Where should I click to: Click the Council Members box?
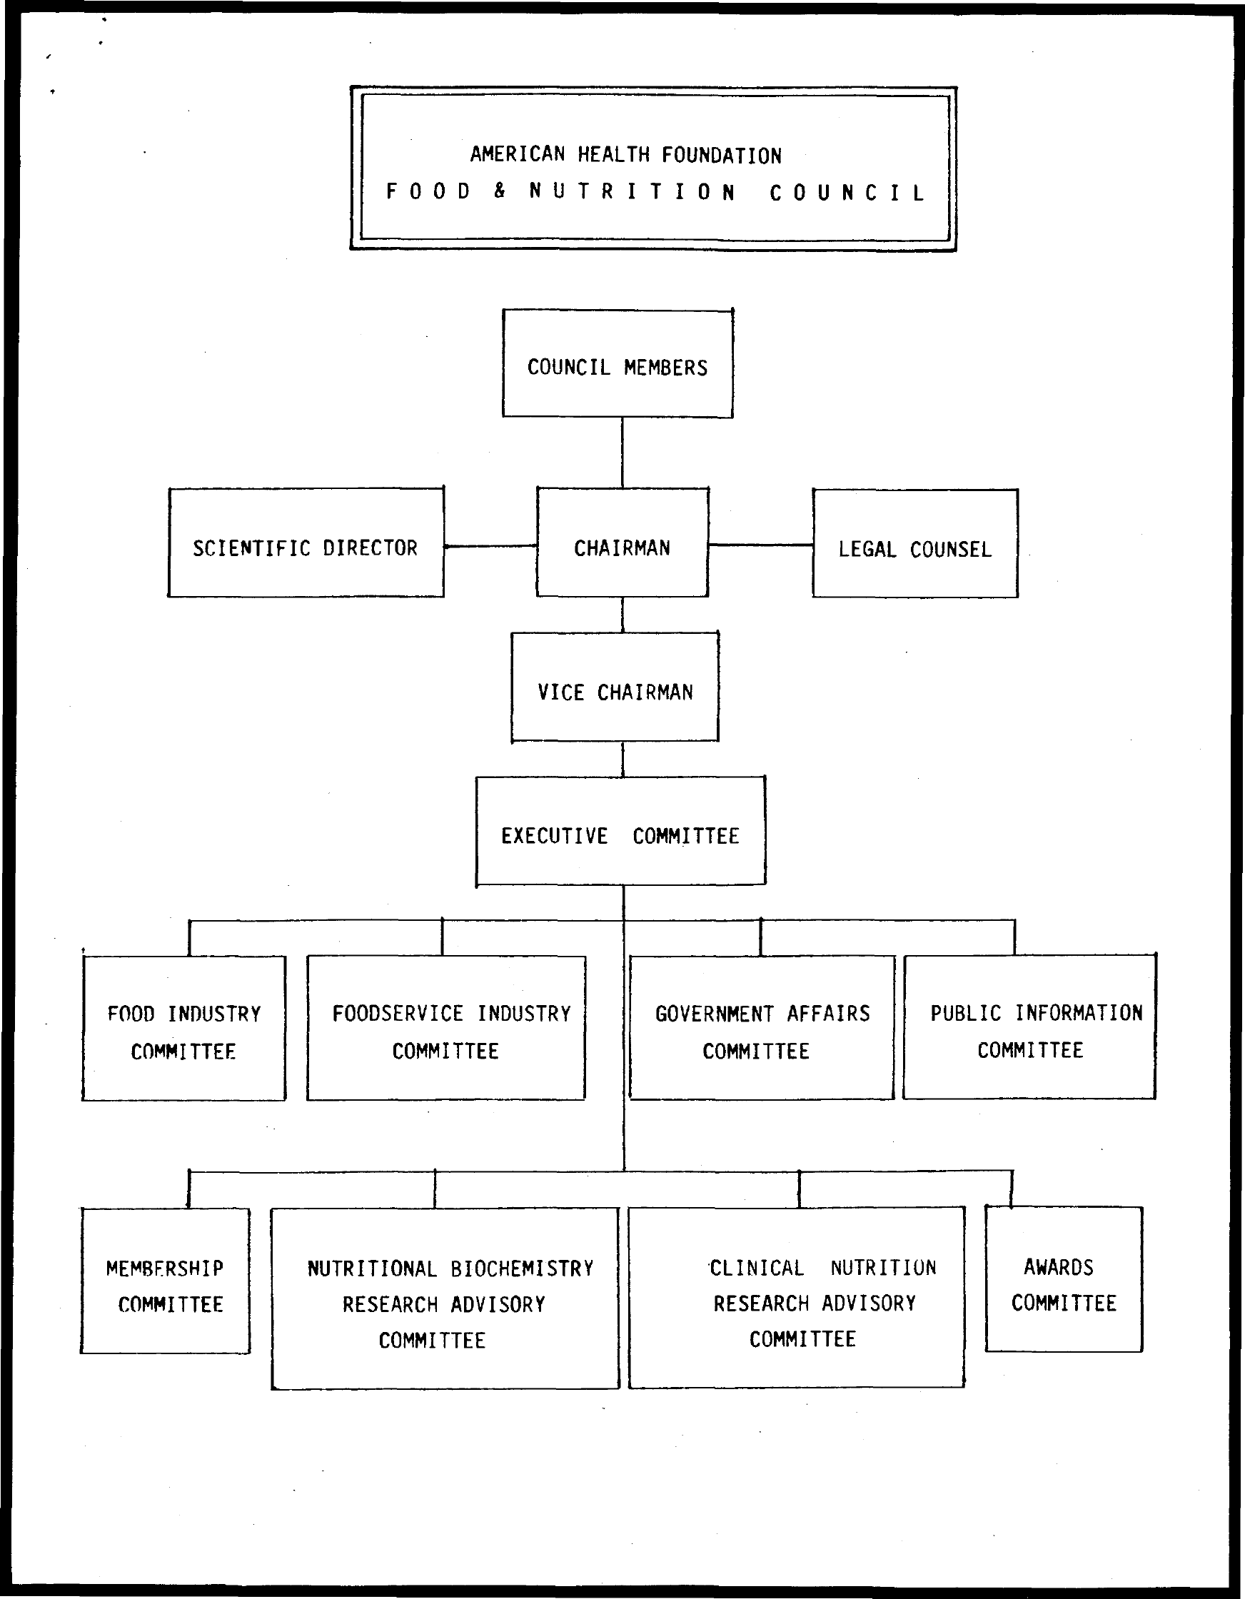pyautogui.click(x=618, y=364)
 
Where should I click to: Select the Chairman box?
pyautogui.click(x=622, y=543)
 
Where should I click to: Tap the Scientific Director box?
pyautogui.click(x=306, y=543)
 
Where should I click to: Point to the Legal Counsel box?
pyautogui.click(x=914, y=544)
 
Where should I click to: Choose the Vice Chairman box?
pyautogui.click(x=615, y=687)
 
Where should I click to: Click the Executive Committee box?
pyautogui.click(x=620, y=831)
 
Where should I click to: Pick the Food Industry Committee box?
pyautogui.click(x=183, y=1028)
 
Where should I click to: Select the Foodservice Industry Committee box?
pyautogui.click(x=446, y=1028)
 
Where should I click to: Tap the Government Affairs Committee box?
pyautogui.click(x=762, y=1028)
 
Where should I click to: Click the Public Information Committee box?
pyautogui.click(x=1029, y=1027)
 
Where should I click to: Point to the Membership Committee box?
pyautogui.click(x=165, y=1281)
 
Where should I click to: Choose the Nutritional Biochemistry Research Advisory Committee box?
pyautogui.click(x=445, y=1298)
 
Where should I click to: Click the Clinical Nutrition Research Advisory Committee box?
pyautogui.click(x=796, y=1297)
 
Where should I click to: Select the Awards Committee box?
pyautogui.click(x=1064, y=1280)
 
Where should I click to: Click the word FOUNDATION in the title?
pyautogui.click(x=721, y=155)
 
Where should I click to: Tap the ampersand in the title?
pyautogui.click(x=500, y=192)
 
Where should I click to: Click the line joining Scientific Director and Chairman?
pyautogui.click(x=490, y=546)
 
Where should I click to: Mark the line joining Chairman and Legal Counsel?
pyautogui.click(x=760, y=545)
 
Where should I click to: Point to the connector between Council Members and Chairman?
pyautogui.click(x=622, y=453)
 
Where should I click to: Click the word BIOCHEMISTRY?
pyautogui.click(x=522, y=1268)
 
